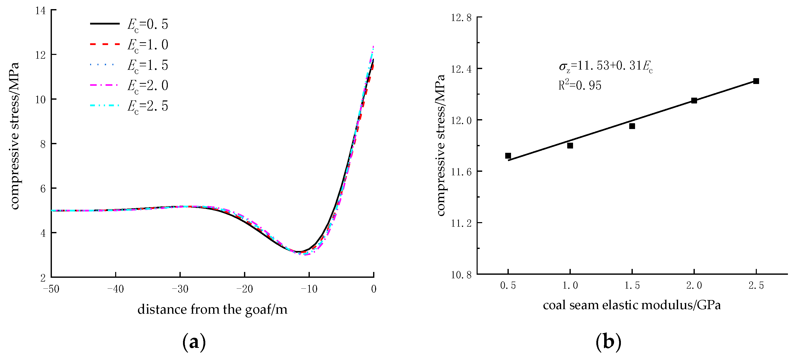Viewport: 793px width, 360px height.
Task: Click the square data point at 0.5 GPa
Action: [508, 156]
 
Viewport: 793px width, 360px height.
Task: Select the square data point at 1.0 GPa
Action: [570, 145]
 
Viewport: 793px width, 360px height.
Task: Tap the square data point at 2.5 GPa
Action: [756, 81]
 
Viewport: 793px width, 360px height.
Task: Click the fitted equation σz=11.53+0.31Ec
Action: [605, 66]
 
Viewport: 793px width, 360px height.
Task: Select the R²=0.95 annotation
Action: [580, 85]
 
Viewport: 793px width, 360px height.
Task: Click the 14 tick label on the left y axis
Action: [40, 11]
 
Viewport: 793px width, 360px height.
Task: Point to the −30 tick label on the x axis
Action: [180, 289]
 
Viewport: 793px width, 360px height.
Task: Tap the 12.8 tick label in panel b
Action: [461, 17]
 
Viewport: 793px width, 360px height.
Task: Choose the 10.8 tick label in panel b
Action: [461, 274]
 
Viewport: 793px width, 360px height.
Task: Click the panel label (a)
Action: [194, 342]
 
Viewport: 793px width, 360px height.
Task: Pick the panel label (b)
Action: [608, 342]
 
